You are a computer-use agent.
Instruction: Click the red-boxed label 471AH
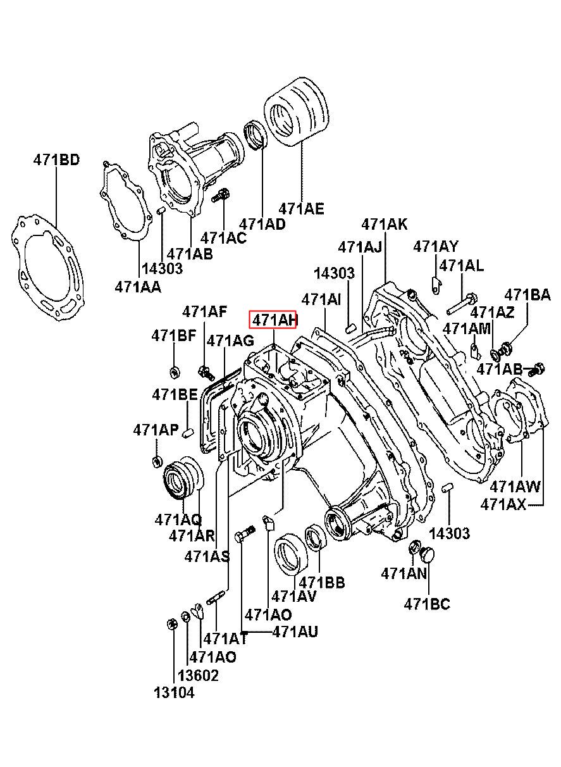point(274,321)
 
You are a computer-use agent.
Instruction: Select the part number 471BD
point(56,159)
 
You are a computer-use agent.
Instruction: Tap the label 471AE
point(302,208)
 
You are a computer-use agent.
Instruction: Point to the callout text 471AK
point(385,224)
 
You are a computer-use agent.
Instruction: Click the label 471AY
point(436,246)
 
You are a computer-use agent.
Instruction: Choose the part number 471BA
point(527,294)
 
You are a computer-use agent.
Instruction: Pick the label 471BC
point(427,604)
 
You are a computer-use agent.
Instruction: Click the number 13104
point(174,692)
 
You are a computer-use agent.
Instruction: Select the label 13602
point(198,675)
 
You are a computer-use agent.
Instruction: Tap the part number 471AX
point(503,504)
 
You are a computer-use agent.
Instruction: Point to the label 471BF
point(174,336)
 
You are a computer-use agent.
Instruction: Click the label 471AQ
point(178,520)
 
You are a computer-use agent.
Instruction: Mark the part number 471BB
point(322,582)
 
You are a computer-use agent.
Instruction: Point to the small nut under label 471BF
point(176,370)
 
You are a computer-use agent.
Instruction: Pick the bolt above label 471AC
point(221,196)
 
